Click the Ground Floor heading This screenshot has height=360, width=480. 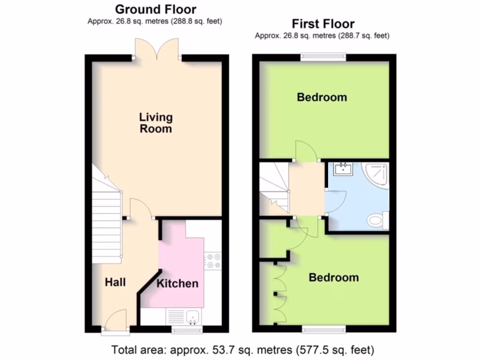155,9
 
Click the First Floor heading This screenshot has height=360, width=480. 323,23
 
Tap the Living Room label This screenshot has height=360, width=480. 156,122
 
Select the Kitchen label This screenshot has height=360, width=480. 177,283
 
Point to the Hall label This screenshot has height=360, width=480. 115,282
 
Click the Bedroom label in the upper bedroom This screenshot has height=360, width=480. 322,97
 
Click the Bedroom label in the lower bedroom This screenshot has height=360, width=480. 333,277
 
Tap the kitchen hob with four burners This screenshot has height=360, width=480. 213,261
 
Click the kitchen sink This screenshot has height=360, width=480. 192,317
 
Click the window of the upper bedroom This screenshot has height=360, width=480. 323,58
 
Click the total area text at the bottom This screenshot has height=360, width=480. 242,350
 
